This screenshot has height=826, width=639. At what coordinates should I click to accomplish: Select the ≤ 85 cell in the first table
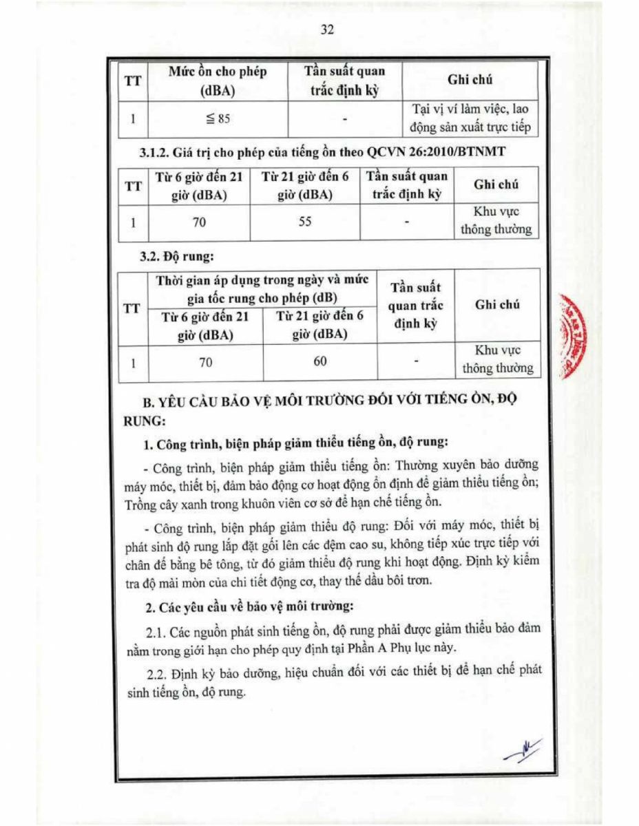point(218,118)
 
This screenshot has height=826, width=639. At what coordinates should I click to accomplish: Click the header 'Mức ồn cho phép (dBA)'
point(218,81)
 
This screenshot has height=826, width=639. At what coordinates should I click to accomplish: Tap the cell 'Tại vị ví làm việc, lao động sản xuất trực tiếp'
point(470,118)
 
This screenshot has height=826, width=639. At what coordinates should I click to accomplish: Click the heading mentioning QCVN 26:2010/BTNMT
point(319,152)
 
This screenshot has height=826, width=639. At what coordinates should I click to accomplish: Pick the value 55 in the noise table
point(306,222)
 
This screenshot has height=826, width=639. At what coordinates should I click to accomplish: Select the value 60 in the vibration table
point(319,361)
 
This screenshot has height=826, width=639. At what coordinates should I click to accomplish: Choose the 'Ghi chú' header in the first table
point(470,80)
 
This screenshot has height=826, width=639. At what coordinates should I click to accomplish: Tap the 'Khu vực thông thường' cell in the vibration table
point(497,359)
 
